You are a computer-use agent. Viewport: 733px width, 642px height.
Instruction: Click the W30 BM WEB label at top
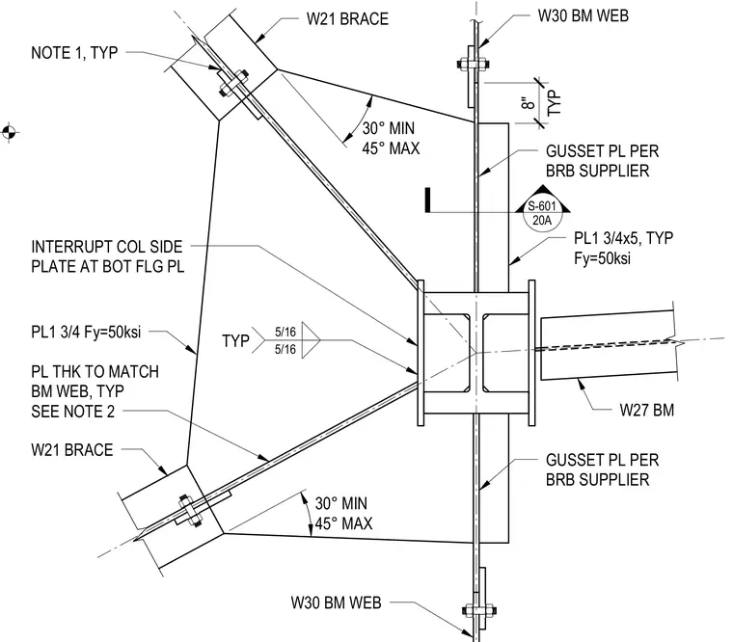[x=583, y=15]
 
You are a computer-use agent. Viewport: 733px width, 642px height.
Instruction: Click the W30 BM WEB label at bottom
[x=336, y=602]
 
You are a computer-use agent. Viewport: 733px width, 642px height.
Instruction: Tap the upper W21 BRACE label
[x=347, y=18]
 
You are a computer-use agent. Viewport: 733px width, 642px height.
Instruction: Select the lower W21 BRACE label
[x=72, y=449]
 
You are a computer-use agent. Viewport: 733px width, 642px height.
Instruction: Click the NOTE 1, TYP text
[x=74, y=52]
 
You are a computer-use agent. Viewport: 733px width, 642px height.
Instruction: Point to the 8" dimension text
[x=528, y=103]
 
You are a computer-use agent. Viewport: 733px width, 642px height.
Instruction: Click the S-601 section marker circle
[x=542, y=214]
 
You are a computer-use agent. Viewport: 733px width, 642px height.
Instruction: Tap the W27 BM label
[x=647, y=410]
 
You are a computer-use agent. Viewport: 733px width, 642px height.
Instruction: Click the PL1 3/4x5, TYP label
[x=624, y=238]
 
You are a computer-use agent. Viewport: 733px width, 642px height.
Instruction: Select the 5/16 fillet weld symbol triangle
[x=309, y=340]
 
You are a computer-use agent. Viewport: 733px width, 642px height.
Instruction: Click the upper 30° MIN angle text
[x=389, y=128]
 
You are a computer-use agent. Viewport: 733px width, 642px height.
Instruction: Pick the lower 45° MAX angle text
[x=343, y=523]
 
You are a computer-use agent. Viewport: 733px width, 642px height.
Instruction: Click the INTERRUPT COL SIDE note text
[x=107, y=246]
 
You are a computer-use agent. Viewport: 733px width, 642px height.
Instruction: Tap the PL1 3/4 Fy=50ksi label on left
[x=86, y=332]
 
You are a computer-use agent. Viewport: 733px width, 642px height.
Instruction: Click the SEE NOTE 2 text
[x=73, y=412]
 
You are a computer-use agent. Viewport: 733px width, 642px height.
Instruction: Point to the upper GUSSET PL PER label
[x=602, y=151]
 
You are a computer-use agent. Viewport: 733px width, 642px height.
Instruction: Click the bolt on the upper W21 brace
[x=233, y=83]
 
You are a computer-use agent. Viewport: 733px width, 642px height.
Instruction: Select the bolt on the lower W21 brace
[x=190, y=510]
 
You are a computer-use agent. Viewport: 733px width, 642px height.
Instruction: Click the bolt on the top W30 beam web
[x=473, y=64]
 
